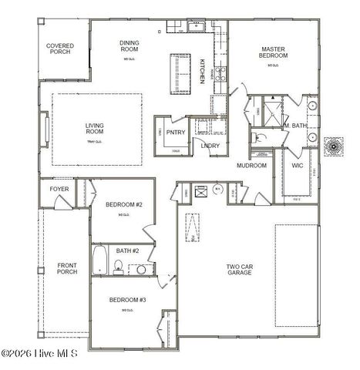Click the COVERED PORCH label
[60, 50]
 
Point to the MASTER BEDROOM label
[272, 52]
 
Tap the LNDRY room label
[210, 145]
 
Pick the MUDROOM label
[251, 166]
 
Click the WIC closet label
[297, 165]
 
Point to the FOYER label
[59, 189]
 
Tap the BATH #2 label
[127, 251]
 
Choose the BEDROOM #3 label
[127, 299]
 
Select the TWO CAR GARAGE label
[239, 269]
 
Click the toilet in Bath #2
[118, 267]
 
